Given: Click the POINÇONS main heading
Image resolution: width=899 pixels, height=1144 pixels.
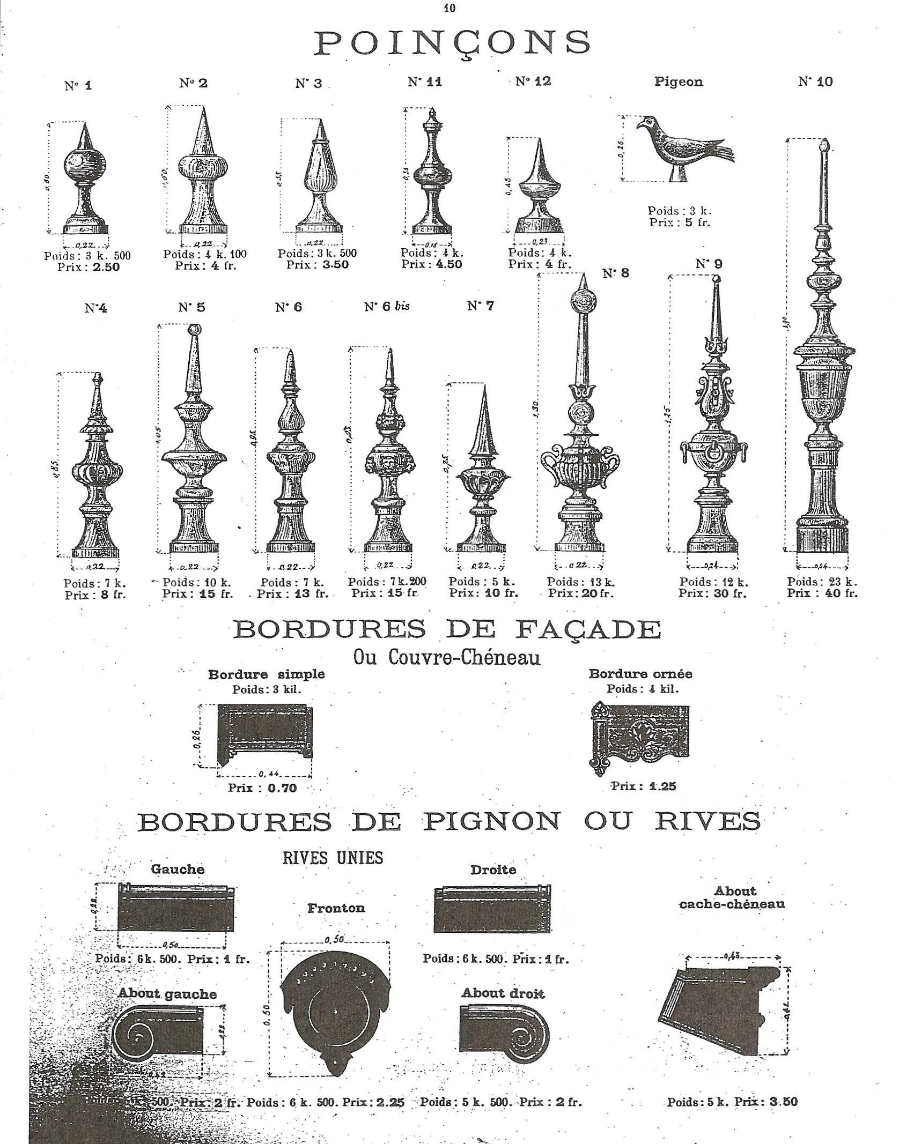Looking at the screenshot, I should coord(452,42).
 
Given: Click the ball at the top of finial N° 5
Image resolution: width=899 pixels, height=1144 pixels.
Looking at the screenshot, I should coord(194,329).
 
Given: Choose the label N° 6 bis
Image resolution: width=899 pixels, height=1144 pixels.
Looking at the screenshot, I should coord(386,306).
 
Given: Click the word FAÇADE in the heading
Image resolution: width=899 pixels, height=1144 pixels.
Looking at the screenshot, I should coord(587,629).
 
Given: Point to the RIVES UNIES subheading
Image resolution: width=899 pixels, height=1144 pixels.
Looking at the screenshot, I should coord(333,858).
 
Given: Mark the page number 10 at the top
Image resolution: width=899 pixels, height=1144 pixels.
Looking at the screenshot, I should coord(449,8).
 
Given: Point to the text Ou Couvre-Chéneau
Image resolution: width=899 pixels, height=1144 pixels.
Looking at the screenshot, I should coord(446,658).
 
